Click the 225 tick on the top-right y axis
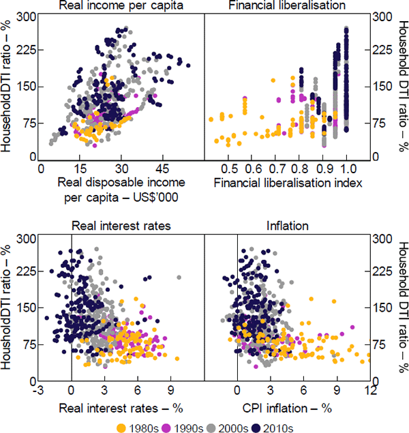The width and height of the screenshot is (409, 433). (382, 50)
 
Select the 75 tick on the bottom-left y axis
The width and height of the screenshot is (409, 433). (26, 344)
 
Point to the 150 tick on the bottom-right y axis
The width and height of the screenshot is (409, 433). (382, 308)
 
